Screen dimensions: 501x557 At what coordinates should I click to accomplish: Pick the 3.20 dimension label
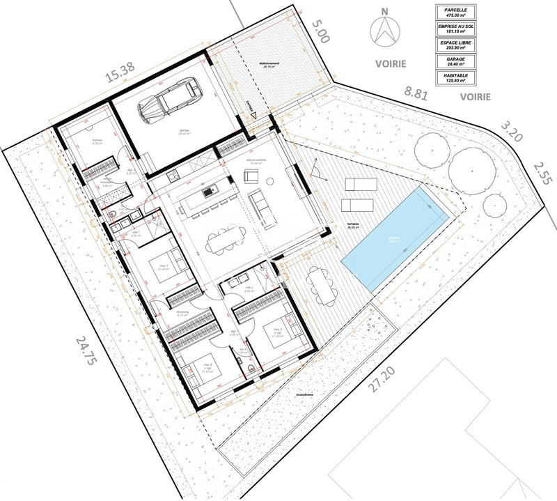coord(510,132)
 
